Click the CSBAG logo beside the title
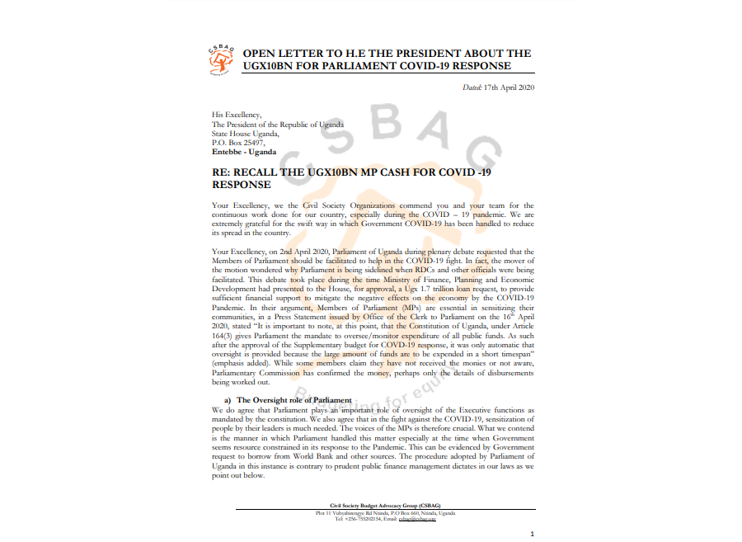pyautogui.click(x=222, y=59)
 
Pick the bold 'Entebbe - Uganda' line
pyautogui.click(x=244, y=152)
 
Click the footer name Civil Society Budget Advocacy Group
pyautogui.click(x=373, y=507)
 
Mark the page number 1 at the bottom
pyautogui.click(x=532, y=534)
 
